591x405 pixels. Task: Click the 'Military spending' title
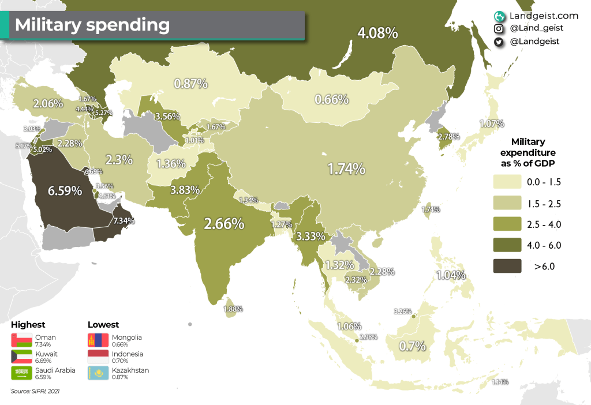pos(92,25)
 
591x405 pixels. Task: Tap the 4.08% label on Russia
pos(377,33)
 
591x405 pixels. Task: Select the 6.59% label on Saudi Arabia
pos(64,190)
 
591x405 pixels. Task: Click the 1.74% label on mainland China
pos(346,169)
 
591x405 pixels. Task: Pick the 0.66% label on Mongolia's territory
pos(331,99)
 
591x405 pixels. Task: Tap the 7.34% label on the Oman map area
pos(124,220)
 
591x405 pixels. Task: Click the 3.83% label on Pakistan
pos(185,189)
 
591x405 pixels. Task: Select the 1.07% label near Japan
pos(492,123)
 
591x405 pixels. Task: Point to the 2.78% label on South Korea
pos(448,137)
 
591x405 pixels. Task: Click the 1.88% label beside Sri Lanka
pos(233,309)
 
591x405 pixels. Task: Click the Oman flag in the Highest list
pos(21,340)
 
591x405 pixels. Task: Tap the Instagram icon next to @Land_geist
pos(498,28)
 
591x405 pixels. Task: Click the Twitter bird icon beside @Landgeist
pos(498,42)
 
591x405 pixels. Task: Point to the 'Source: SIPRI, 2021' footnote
pos(35,391)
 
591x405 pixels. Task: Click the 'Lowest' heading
pos(103,325)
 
